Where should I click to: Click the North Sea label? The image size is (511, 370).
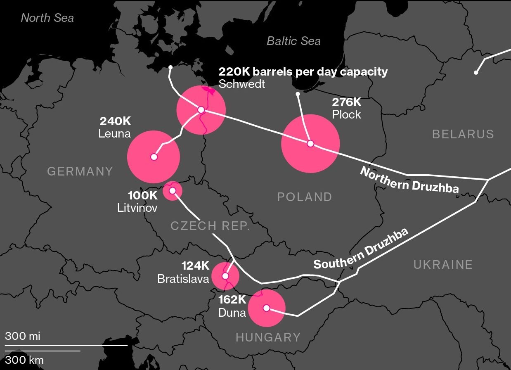[x=47, y=18]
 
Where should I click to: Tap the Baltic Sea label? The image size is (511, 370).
[x=293, y=41]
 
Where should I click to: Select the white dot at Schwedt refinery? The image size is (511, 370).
[x=201, y=110]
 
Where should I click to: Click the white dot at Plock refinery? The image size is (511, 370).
[x=310, y=144]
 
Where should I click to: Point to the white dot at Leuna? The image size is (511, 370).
[x=154, y=157]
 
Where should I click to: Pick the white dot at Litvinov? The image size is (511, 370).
[x=173, y=191]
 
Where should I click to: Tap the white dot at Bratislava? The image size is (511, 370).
[x=225, y=275]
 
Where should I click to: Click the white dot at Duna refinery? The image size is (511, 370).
[x=267, y=308]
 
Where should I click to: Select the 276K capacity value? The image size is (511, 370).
[x=347, y=102]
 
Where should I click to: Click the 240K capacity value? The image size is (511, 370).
[x=115, y=121]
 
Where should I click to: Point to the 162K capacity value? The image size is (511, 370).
[x=232, y=300]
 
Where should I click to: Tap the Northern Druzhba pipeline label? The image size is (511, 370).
[x=409, y=180]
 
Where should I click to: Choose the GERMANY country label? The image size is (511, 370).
[x=80, y=171]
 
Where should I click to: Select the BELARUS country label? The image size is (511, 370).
[x=463, y=134]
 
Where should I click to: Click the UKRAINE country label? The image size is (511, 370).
[x=443, y=265]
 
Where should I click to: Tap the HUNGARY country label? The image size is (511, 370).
[x=268, y=337]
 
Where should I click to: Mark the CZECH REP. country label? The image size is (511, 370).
[x=210, y=226]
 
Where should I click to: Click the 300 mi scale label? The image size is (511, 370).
[x=23, y=336]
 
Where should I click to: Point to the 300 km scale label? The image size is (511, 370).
[x=24, y=360]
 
